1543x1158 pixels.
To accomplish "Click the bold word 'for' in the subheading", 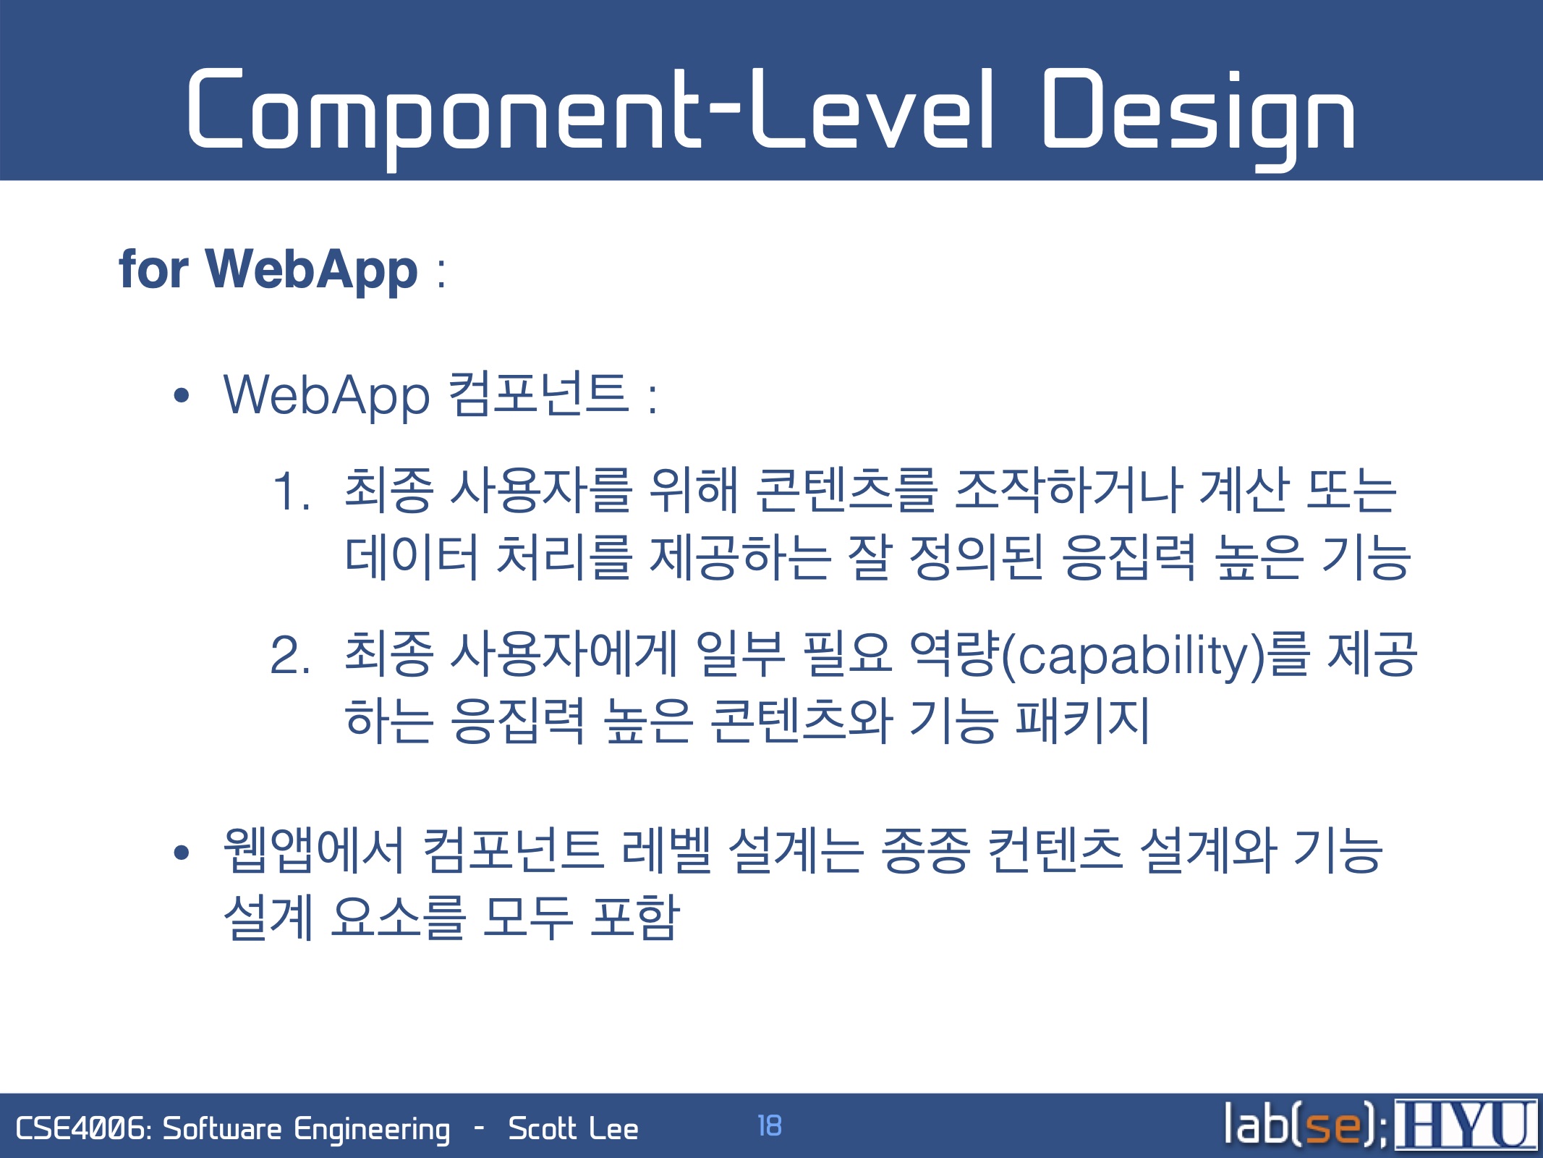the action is tap(153, 269).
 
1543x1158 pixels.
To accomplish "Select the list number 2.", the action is tap(291, 655).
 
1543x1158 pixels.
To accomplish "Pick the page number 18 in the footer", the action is tap(769, 1125).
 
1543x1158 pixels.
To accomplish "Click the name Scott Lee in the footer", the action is tap(573, 1129).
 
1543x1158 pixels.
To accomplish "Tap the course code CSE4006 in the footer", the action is tap(82, 1129).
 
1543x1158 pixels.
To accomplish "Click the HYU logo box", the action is tap(1466, 1124).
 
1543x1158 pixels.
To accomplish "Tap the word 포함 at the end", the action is tap(635, 916).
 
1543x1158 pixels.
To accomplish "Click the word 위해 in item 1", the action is tap(693, 491).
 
